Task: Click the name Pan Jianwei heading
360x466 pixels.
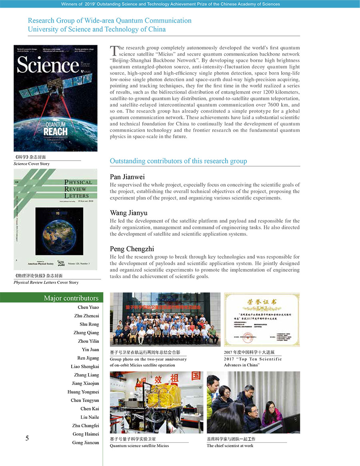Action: pos(127,177)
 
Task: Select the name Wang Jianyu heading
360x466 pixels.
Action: pos(128,213)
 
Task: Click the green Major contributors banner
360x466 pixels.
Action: pos(52,298)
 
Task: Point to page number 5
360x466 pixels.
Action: pos(27,438)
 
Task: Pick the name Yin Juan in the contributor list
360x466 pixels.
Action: pos(90,350)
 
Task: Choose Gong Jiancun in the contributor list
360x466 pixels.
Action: pos(86,443)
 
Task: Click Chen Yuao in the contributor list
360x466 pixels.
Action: pos(88,307)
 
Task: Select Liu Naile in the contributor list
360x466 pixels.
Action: pos(90,417)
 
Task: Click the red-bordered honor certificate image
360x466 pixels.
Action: pos(262,319)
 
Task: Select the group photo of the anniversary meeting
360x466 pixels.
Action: pos(165,319)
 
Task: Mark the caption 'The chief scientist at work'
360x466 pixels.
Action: pos(230,446)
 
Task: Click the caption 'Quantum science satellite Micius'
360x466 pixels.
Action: pos(139,446)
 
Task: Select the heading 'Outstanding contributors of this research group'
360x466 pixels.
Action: pos(178,161)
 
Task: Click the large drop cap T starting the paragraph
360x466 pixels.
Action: pos(114,50)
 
